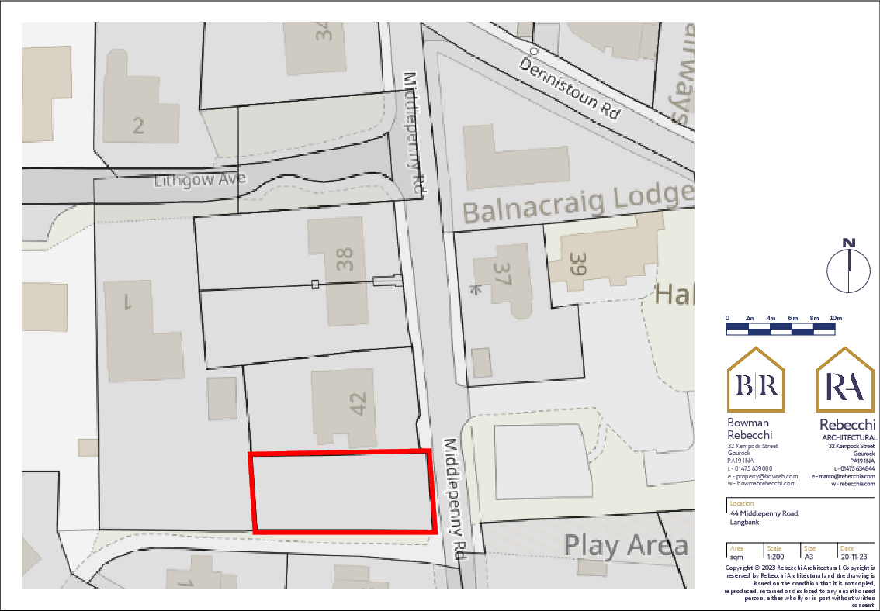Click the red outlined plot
click(341, 492)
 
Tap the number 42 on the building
click(358, 404)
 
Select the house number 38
click(345, 258)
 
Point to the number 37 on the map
click(501, 274)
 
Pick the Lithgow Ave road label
click(199, 181)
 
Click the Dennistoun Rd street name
click(571, 88)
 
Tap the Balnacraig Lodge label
click(577, 204)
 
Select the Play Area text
click(625, 546)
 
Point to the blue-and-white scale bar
click(781, 330)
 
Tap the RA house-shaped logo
click(845, 381)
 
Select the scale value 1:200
click(775, 556)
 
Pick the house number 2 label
click(138, 125)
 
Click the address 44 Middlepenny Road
click(764, 513)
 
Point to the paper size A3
click(809, 556)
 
